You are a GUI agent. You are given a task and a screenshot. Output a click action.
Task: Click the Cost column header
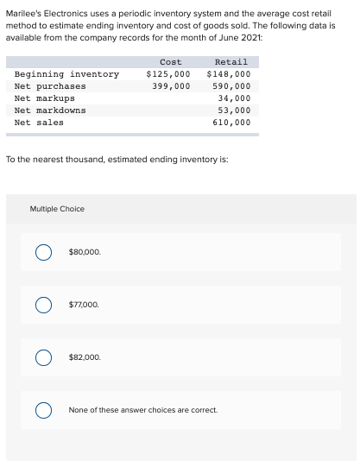(170, 62)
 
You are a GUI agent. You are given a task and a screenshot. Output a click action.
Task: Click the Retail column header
(231, 62)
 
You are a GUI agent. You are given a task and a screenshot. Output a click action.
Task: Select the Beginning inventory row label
(66, 74)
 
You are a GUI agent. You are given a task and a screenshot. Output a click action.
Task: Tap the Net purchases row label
(50, 86)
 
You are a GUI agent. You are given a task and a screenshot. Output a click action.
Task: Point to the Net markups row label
(45, 98)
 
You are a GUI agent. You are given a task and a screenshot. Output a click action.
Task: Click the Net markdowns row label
(50, 110)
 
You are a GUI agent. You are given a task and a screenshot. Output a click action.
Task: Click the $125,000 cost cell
(168, 74)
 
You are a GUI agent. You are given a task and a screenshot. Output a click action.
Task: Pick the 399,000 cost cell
(171, 86)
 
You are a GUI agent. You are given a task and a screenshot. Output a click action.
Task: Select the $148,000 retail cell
(229, 74)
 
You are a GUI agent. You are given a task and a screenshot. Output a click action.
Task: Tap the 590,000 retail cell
(231, 86)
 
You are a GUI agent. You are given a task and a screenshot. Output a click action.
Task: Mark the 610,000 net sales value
(231, 123)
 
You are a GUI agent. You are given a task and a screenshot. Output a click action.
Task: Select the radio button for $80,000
(41, 253)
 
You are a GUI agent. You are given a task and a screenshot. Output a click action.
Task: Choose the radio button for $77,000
(41, 305)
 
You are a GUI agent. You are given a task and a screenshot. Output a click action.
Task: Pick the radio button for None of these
(41, 410)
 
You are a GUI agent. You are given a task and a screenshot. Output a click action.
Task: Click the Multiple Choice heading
(57, 209)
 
